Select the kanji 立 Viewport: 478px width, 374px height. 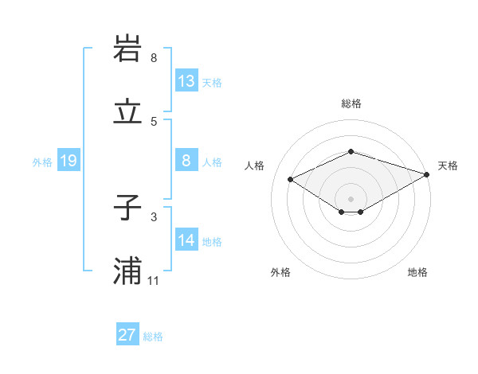point(128,112)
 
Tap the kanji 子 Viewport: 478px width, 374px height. point(128,208)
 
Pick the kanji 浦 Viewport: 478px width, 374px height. point(128,271)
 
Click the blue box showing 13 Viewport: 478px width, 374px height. point(186,81)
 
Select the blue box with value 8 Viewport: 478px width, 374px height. point(186,161)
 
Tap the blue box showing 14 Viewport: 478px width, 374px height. point(186,240)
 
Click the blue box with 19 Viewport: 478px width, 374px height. point(69,162)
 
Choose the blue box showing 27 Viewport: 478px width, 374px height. point(127,335)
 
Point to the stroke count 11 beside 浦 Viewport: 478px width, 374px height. point(154,281)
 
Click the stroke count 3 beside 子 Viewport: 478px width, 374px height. point(154,216)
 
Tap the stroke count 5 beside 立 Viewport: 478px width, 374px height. point(154,121)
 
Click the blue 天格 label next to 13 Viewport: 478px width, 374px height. point(212,83)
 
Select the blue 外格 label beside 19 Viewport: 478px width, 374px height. point(42,162)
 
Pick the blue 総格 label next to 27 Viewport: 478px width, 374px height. point(153,337)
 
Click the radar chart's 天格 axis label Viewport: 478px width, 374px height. point(448,166)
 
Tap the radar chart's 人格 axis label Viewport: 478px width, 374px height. point(254,166)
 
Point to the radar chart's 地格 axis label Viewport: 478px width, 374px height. point(417,272)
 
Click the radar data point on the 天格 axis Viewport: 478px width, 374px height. point(428,173)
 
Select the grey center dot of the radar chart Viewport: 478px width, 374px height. point(351,198)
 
